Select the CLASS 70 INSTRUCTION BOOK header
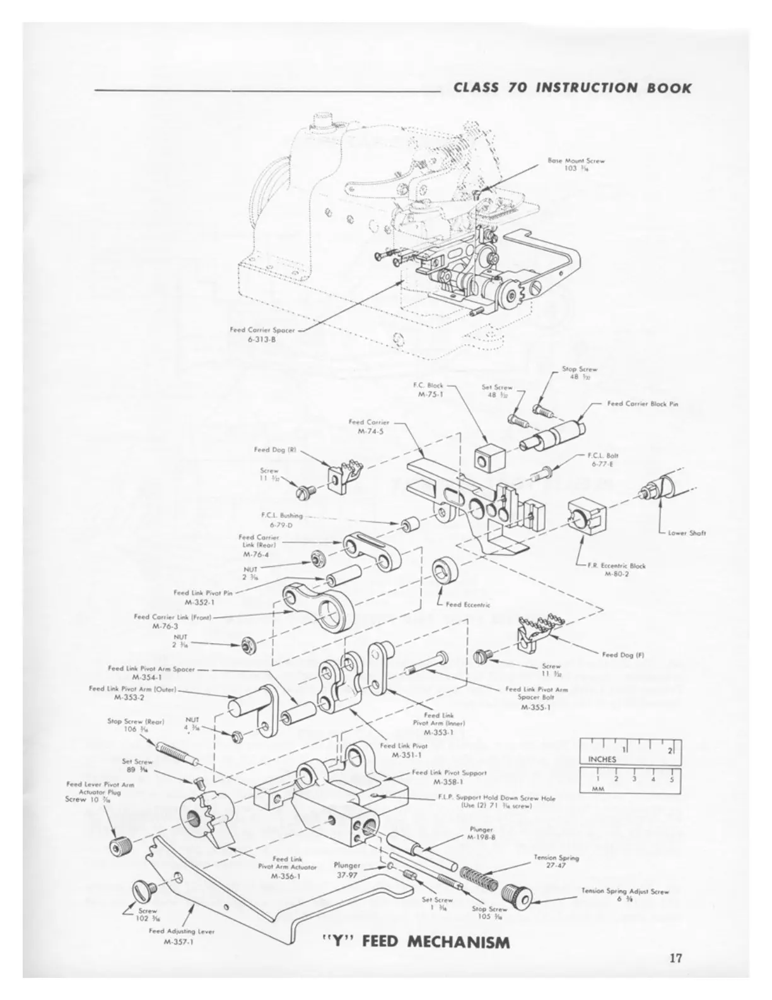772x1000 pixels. pyautogui.click(x=572, y=87)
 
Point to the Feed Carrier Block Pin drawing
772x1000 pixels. pyautogui.click(x=555, y=435)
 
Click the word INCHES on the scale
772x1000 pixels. pyautogui.click(x=602, y=759)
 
